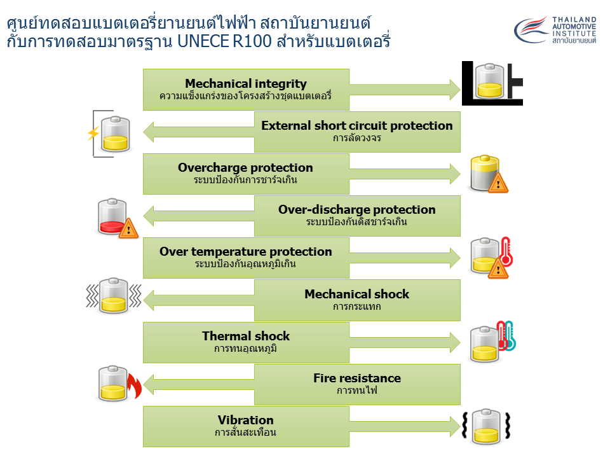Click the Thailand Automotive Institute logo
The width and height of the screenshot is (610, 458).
[x=555, y=31]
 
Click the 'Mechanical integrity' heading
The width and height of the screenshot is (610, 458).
[x=245, y=84]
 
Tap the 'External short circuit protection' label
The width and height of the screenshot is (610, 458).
[x=356, y=125]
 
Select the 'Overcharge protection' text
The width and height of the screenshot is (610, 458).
[x=245, y=168]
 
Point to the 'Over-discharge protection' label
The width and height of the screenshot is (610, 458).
[x=356, y=209]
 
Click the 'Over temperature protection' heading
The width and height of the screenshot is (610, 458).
[x=245, y=251]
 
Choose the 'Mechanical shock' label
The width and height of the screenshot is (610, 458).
[x=356, y=294]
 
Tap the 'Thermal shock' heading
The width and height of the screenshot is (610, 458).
[x=245, y=336]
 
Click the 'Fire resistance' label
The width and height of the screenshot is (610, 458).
[x=356, y=378]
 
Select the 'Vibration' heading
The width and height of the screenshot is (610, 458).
[x=245, y=420]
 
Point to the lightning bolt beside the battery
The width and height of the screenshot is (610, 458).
[x=93, y=133]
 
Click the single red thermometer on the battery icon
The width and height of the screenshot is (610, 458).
[x=505, y=252]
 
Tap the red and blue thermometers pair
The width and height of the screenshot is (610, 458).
[x=506, y=336]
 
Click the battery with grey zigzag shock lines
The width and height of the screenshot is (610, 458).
[x=114, y=295]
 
